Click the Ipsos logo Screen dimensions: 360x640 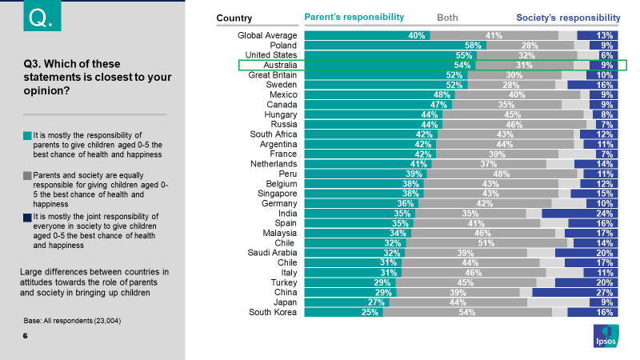(606, 337)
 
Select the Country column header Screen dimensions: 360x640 (234, 18)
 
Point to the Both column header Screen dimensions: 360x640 (447, 18)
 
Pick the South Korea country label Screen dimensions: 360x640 (272, 312)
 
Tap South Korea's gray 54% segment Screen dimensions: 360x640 (467, 312)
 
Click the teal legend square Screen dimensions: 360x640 (27, 135)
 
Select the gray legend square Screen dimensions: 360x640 (27, 175)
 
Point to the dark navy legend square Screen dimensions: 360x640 (27, 216)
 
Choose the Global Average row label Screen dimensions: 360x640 (267, 35)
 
